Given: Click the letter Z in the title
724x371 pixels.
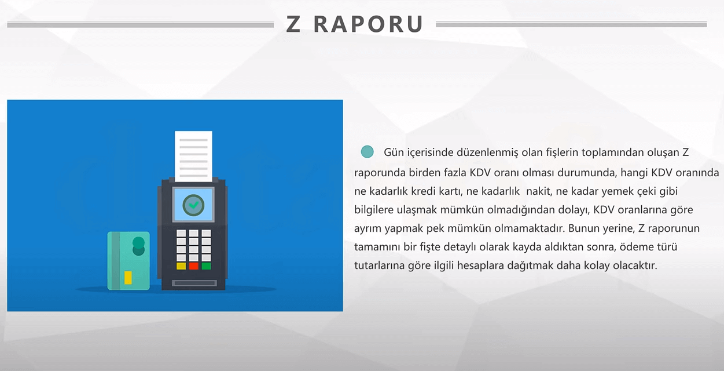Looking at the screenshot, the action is [x=293, y=24].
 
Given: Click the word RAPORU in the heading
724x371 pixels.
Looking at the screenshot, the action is [x=369, y=24].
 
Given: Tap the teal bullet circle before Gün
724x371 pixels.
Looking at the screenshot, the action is [x=367, y=151].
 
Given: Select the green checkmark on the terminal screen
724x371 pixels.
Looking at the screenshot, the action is [x=194, y=205].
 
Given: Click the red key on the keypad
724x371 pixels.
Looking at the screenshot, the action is [x=194, y=266].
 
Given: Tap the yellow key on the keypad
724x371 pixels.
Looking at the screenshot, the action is [x=181, y=266].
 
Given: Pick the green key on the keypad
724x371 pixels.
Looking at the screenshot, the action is [x=206, y=266].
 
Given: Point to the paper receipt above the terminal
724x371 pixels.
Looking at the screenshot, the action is [x=194, y=156].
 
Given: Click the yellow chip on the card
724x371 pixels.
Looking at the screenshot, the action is [x=128, y=278].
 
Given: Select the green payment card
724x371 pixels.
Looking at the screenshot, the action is [x=128, y=261].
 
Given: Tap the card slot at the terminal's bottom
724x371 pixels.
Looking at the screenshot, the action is [x=194, y=283].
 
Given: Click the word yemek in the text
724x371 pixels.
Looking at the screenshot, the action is [x=618, y=191].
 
